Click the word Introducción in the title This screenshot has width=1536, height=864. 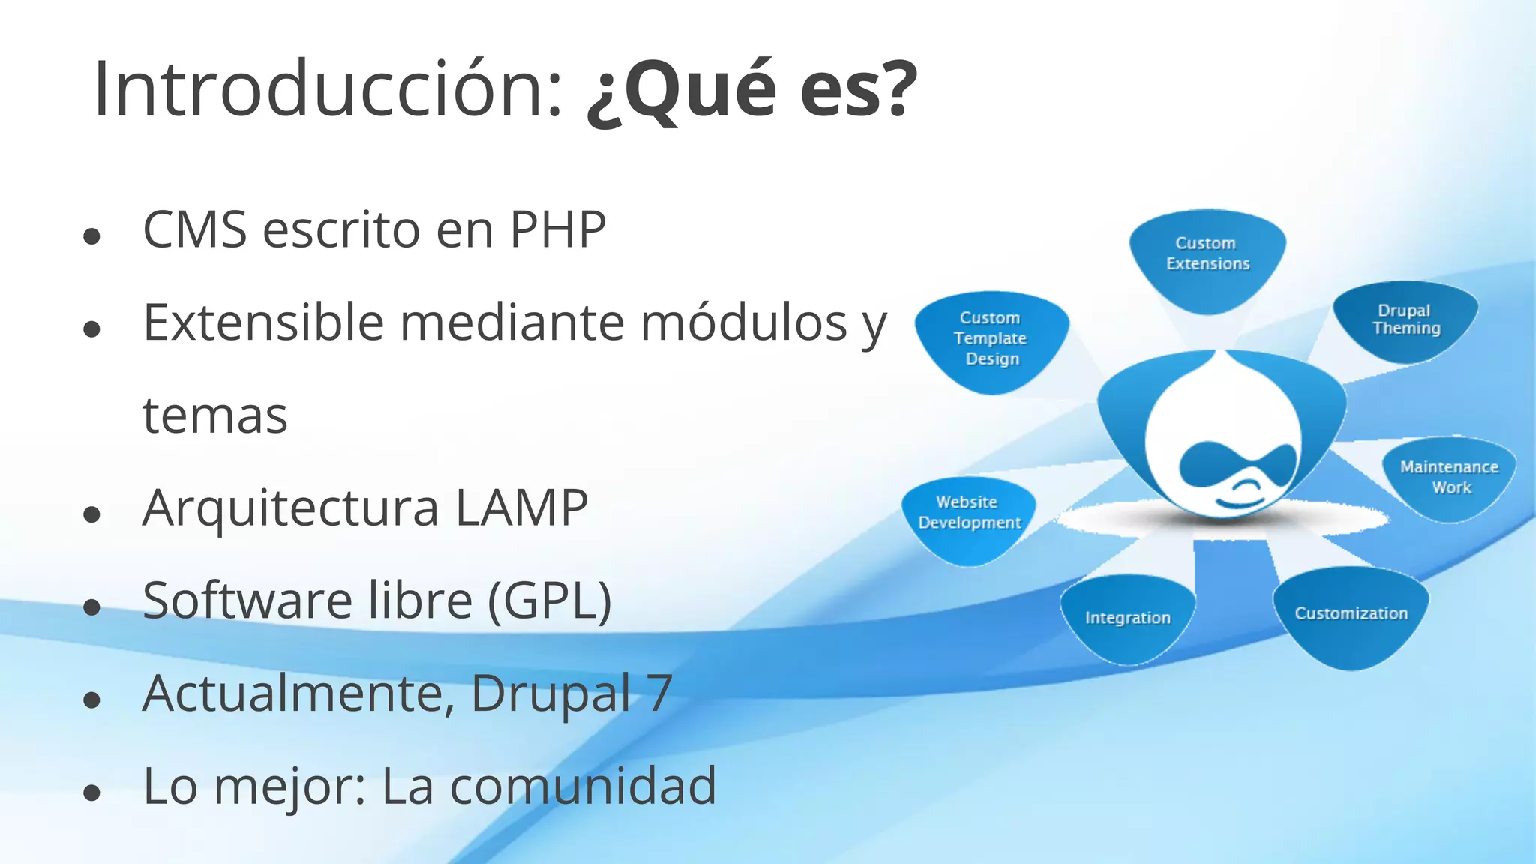coord(327,89)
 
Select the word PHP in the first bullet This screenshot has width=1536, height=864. coord(558,229)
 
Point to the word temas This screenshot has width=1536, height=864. coord(215,415)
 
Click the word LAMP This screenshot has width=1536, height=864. coord(521,508)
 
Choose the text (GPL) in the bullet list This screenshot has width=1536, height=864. coord(550,601)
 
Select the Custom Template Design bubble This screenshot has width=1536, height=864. coord(991,338)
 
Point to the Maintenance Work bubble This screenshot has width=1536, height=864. coord(1449,477)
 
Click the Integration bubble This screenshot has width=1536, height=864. coord(1127,618)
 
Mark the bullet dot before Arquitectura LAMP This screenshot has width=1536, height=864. coord(92,514)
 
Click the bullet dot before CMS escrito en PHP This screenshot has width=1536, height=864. coord(92,237)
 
